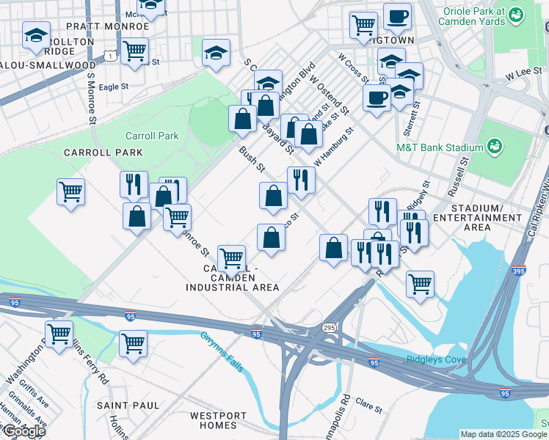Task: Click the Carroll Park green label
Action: (x=152, y=136)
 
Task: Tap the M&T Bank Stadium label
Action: (x=439, y=147)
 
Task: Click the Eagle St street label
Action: (x=114, y=87)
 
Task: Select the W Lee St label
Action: (x=511, y=76)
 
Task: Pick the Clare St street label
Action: (x=368, y=403)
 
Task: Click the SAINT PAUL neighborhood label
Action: (x=128, y=405)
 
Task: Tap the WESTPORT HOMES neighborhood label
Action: (x=214, y=420)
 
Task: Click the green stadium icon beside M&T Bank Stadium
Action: (x=496, y=147)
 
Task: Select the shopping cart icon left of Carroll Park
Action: (x=70, y=191)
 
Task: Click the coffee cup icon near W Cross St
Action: (x=377, y=97)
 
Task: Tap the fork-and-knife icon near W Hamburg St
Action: (x=300, y=180)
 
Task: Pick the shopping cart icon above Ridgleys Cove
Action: (x=419, y=283)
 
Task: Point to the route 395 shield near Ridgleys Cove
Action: (x=518, y=271)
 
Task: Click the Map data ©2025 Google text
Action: (x=503, y=434)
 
